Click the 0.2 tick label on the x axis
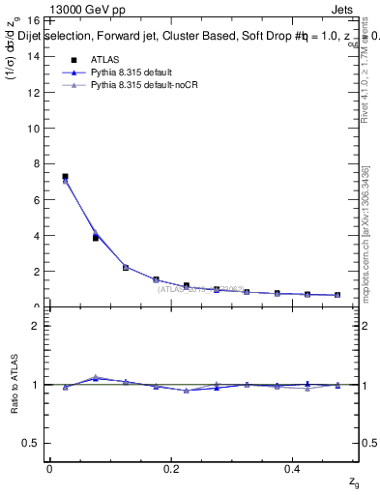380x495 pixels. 171,469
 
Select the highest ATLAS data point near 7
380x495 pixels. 65,177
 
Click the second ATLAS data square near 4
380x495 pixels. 95,237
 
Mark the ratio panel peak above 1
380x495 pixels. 95,377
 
